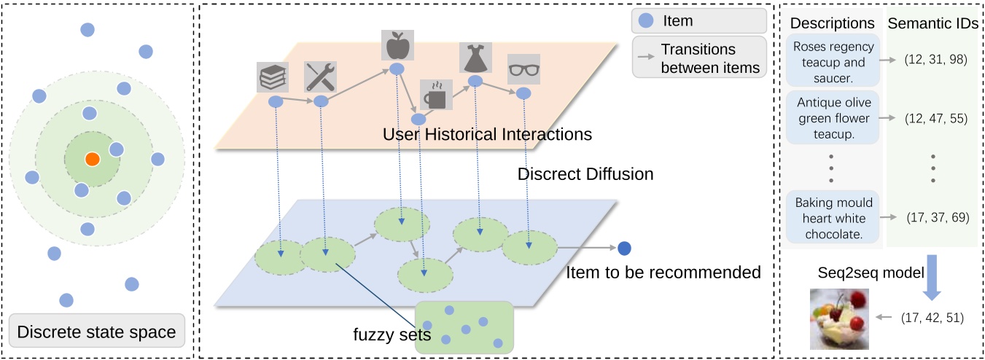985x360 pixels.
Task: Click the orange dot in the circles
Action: point(91,159)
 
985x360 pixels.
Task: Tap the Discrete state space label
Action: point(96,332)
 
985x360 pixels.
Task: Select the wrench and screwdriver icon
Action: point(320,77)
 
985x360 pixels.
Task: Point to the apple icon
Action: point(398,47)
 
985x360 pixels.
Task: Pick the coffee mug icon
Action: point(437,95)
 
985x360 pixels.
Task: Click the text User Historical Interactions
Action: point(487,135)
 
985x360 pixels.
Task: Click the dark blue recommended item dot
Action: point(624,249)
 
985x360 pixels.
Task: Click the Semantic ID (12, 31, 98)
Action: point(935,59)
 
